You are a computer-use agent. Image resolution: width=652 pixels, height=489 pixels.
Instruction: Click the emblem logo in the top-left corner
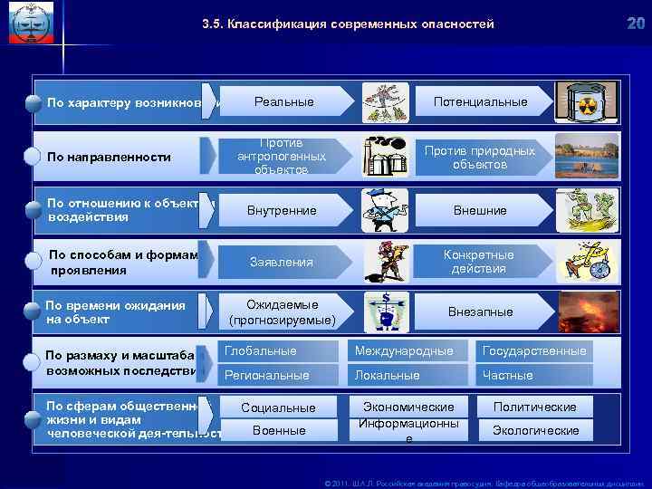[29, 24]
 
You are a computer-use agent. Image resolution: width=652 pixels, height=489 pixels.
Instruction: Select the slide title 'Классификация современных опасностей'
[348, 24]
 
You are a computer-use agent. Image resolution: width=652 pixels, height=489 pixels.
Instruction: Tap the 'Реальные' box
[283, 101]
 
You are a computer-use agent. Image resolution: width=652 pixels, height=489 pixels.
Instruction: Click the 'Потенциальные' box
[480, 101]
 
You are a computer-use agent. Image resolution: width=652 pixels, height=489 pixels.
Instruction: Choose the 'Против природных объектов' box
[480, 158]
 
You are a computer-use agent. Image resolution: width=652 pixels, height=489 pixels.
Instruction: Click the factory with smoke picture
[387, 156]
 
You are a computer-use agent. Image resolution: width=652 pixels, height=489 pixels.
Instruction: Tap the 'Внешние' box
[480, 210]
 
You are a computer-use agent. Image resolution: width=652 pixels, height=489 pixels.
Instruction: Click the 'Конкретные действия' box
[480, 262]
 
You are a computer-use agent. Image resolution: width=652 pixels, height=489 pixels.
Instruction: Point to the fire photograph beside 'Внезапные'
[588, 312]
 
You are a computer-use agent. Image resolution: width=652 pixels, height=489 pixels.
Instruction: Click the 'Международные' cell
[409, 350]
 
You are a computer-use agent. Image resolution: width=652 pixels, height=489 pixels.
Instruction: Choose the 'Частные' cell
[534, 375]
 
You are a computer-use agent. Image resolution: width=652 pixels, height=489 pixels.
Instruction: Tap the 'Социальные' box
[278, 407]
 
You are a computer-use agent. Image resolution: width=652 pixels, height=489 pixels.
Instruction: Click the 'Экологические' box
[535, 430]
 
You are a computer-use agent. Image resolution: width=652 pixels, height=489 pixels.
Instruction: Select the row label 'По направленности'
[109, 157]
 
